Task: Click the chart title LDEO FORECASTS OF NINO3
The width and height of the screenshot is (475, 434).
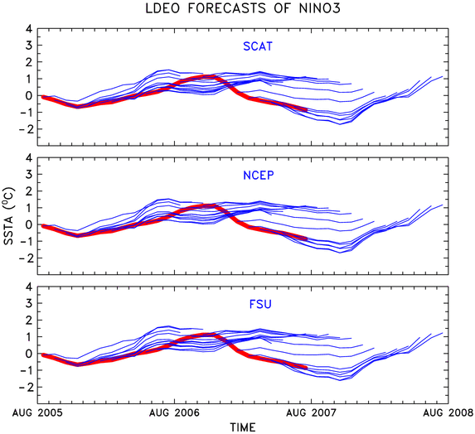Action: tap(243, 8)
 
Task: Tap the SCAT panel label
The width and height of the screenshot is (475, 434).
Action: tap(258, 46)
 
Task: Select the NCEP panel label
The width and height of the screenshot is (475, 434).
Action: tap(259, 176)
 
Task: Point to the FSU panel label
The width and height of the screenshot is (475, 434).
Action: tap(260, 304)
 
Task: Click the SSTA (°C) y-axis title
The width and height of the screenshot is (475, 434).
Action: tap(9, 216)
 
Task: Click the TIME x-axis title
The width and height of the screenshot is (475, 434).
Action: tap(243, 427)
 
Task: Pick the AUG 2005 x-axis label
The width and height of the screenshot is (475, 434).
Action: tap(37, 412)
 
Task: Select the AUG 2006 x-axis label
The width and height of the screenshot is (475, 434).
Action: tap(174, 412)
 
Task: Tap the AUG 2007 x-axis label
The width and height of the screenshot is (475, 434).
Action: tap(312, 412)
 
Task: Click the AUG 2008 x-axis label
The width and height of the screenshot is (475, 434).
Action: tap(448, 412)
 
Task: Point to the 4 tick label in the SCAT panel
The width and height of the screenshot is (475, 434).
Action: tap(29, 29)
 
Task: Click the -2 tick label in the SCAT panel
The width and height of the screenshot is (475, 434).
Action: tap(26, 129)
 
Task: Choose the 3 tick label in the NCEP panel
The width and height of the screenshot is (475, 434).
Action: tap(29, 174)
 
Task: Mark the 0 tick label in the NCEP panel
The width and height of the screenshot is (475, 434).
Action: tap(29, 224)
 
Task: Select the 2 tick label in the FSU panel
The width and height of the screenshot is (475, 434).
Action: tap(29, 320)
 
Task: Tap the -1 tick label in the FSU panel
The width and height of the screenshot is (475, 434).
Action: tap(26, 370)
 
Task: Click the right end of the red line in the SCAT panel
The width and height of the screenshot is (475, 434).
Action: tap(307, 110)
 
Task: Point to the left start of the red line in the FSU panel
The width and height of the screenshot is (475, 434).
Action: tap(42, 354)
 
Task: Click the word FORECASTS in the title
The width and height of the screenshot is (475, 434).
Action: tap(227, 8)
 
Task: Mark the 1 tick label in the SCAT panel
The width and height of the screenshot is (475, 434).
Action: tap(29, 79)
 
